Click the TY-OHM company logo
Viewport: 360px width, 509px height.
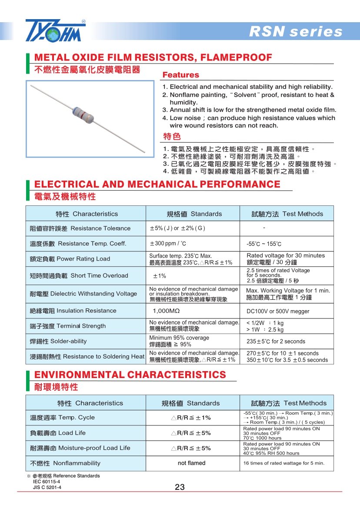pyautogui.click(x=55, y=30)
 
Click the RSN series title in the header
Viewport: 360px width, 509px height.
pyautogui.click(x=296, y=32)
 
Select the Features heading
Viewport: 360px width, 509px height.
pyautogui.click(x=180, y=75)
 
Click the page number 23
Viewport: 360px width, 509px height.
pyautogui.click(x=180, y=487)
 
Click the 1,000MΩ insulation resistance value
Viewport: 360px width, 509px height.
pyautogui.click(x=166, y=311)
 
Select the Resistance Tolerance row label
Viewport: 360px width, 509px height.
pyautogui.click(x=80, y=228)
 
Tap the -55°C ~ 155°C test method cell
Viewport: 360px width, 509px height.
pyautogui.click(x=263, y=244)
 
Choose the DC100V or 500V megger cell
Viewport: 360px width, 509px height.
pyautogui.click(x=278, y=311)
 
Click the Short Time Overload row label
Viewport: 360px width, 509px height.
pyautogui.click(x=79, y=276)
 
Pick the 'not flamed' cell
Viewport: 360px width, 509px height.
pyautogui.click(x=191, y=463)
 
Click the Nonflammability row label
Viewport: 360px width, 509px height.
pyautogui.click(x=65, y=463)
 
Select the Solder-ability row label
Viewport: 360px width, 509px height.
pyautogui.click(x=58, y=342)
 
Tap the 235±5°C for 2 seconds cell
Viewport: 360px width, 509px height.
pyautogui.click(x=276, y=342)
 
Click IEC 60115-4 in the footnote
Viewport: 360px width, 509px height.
pyautogui.click(x=47, y=482)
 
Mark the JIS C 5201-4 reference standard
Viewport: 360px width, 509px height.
pyautogui.click(x=47, y=487)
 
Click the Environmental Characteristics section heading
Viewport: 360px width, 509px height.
pyautogui.click(x=130, y=375)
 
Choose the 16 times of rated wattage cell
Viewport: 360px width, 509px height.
pyautogui.click(x=283, y=463)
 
